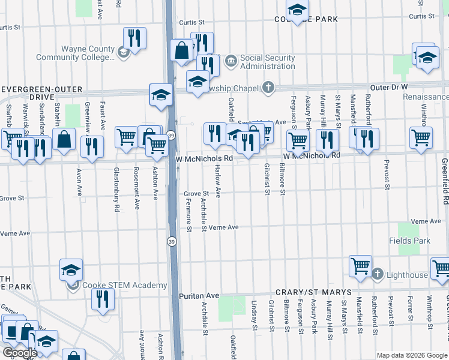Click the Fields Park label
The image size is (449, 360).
click(414, 241)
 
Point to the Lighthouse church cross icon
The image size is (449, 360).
click(378, 275)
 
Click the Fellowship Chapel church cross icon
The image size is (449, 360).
click(268, 88)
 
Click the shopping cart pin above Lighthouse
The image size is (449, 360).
click(360, 265)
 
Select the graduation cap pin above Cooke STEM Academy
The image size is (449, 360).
click(71, 270)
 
